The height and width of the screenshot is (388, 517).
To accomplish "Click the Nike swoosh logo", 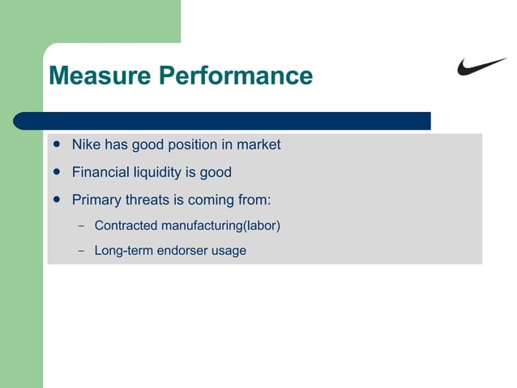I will pyautogui.click(x=481, y=67).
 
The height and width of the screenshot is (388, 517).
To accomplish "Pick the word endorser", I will pyautogui.click(x=182, y=251).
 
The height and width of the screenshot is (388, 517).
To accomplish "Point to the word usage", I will pyautogui.click(x=229, y=251).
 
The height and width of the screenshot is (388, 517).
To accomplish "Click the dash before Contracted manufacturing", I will pyautogui.click(x=81, y=225).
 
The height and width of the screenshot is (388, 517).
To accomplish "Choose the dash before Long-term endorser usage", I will pyautogui.click(x=81, y=251).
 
